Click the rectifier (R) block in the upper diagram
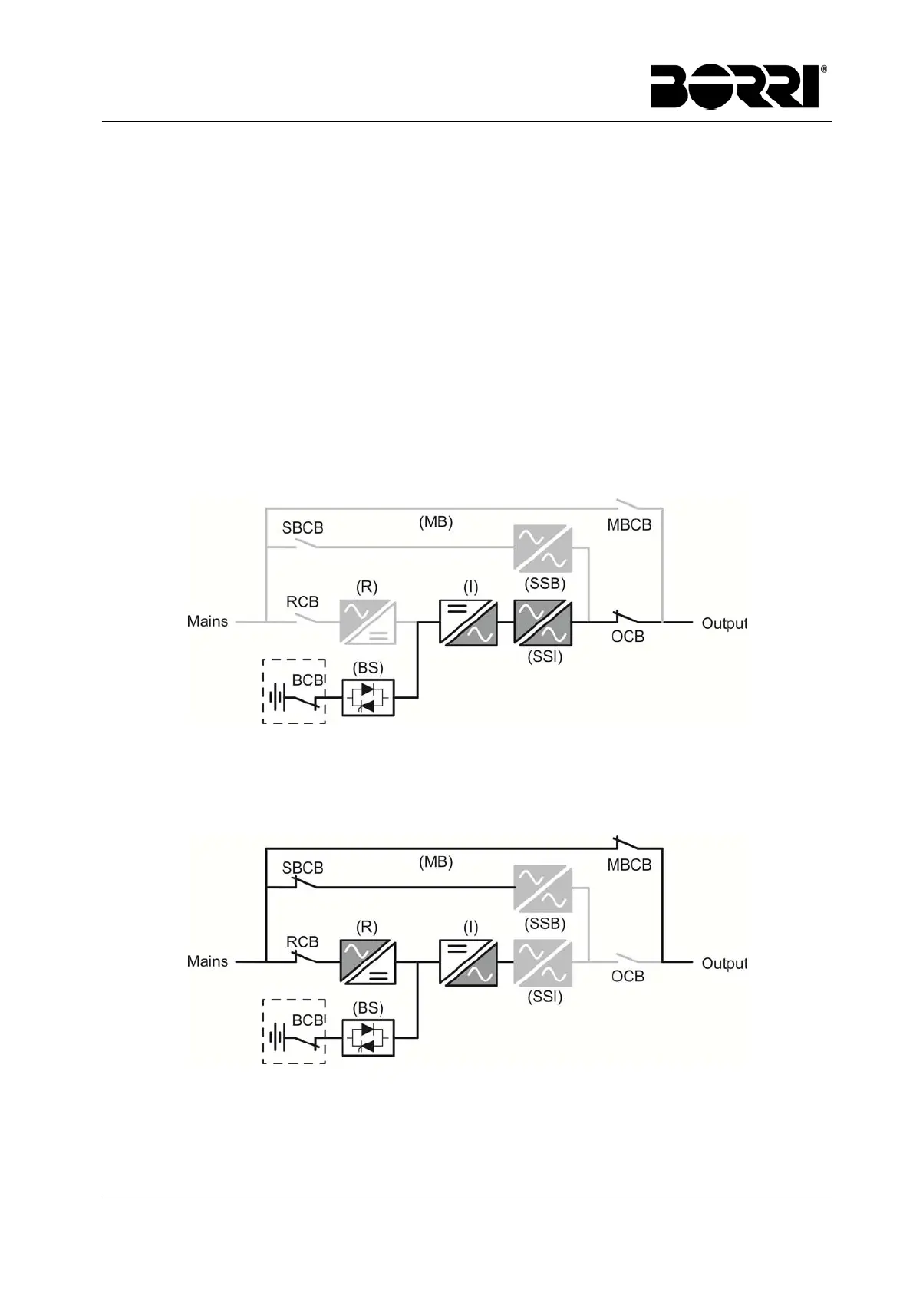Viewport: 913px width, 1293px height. (368, 622)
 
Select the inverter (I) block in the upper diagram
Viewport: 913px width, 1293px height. (468, 622)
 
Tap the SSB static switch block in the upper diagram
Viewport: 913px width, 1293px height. (543, 548)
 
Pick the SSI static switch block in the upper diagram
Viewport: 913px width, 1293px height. (543, 622)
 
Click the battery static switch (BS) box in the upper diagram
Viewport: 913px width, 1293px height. (368, 698)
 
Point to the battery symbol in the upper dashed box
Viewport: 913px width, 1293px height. (277, 698)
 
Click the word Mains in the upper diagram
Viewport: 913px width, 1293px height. (207, 621)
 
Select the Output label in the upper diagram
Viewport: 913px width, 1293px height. (723, 623)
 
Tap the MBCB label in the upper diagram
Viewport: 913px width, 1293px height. (629, 526)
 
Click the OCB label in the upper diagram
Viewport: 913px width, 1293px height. (628, 637)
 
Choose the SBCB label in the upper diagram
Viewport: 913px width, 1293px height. (302, 528)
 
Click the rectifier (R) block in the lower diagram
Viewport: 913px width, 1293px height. (368, 962)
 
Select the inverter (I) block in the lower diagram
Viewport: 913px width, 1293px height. (468, 962)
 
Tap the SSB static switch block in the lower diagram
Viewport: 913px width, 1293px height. (543, 889)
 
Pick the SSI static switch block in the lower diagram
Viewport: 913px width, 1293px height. (543, 962)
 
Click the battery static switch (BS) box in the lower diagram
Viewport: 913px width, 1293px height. (368, 1038)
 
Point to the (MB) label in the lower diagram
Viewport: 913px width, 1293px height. (436, 861)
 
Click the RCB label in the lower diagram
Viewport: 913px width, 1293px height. (302, 942)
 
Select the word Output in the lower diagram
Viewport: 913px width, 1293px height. (723, 964)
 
